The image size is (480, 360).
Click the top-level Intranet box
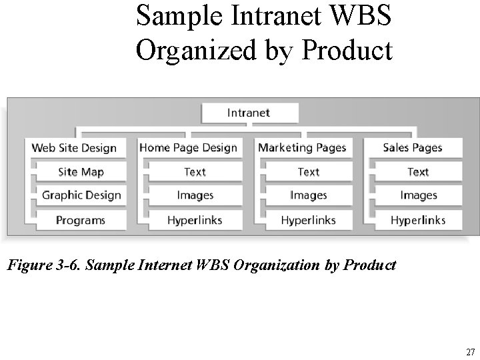point(249,113)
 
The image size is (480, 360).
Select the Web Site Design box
point(74,148)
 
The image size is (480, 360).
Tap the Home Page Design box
point(189,148)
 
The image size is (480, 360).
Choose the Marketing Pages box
point(302,148)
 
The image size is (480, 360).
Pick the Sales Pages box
point(413,148)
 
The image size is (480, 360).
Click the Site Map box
point(81,172)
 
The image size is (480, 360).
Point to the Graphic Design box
point(81,195)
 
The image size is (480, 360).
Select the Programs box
point(81,219)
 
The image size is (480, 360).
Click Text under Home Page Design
point(195,172)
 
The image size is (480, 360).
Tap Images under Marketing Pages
point(309,195)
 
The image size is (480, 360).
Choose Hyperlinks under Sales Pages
point(418,219)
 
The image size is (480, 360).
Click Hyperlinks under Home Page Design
point(195,219)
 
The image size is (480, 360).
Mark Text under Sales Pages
point(418,172)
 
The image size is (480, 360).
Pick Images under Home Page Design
point(195,195)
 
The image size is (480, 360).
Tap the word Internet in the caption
point(165,265)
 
